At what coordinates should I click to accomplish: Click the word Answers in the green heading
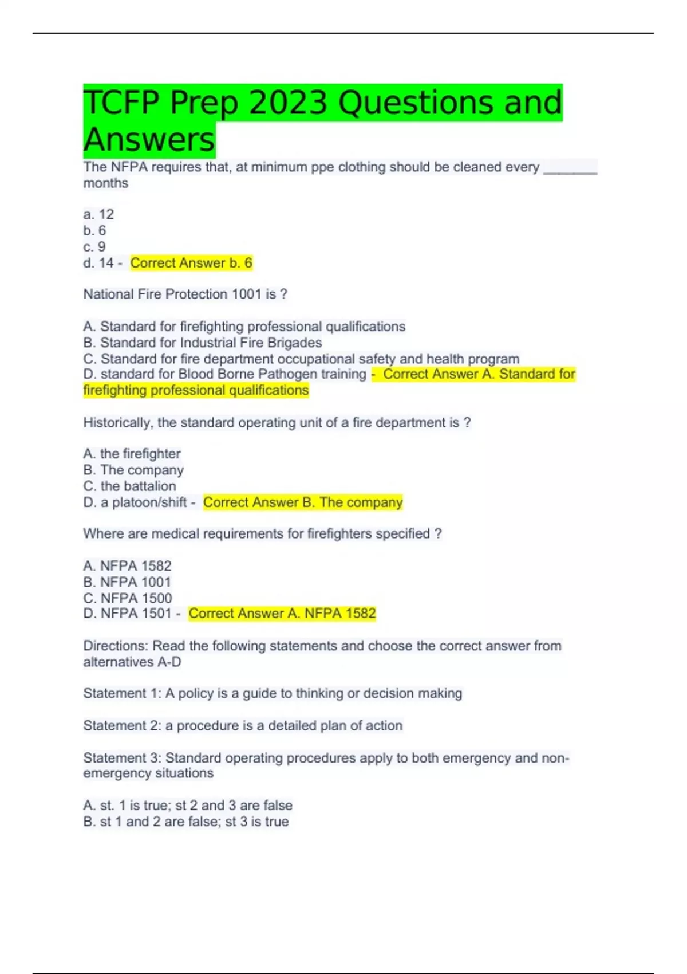[149, 140]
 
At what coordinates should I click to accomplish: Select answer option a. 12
[98, 214]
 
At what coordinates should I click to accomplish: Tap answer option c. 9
[94, 247]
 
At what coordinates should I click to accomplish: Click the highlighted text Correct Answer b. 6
[191, 263]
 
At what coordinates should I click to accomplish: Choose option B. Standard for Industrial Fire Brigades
[203, 343]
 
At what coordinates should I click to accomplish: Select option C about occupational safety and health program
[301, 359]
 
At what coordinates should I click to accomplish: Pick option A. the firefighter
[132, 454]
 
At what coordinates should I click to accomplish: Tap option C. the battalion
[129, 486]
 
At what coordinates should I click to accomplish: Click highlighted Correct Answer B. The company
[303, 502]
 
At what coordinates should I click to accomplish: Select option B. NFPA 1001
[127, 582]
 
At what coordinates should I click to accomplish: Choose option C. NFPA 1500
[128, 598]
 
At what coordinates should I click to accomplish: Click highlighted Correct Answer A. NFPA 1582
[282, 614]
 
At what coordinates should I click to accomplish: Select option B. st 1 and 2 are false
[186, 822]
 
